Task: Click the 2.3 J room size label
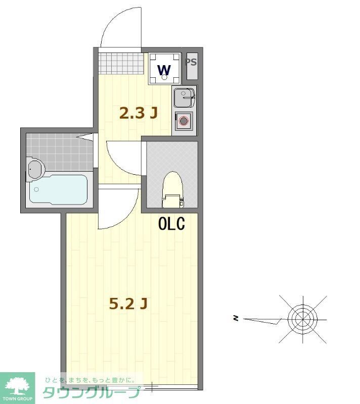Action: (x=138, y=113)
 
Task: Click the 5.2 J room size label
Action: (x=128, y=304)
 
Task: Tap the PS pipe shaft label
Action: (x=191, y=63)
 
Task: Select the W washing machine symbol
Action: (x=164, y=69)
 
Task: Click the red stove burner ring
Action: (x=183, y=120)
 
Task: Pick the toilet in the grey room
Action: (x=172, y=189)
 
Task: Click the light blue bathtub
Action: (x=58, y=189)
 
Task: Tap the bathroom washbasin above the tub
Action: (x=35, y=169)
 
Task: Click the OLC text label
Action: (x=171, y=223)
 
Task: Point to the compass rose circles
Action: (x=302, y=318)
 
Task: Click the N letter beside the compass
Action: (x=236, y=318)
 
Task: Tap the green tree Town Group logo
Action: (x=17, y=387)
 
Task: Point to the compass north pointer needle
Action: (x=263, y=320)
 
